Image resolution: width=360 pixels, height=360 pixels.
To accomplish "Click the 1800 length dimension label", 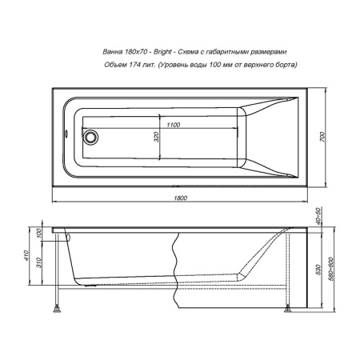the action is (181, 198).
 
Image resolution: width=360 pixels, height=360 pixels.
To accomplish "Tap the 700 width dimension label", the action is (322, 137).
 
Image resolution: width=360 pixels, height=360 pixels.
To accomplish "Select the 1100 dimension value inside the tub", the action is (174, 125).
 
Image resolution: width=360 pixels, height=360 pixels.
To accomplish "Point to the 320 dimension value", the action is (157, 137).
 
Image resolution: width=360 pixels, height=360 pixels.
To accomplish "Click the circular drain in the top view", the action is (90, 137).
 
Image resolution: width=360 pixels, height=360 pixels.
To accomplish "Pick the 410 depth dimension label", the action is (26, 255).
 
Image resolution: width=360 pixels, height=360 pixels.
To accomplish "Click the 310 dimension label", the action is (39, 262).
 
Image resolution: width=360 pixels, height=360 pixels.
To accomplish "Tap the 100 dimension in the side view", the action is (39, 234).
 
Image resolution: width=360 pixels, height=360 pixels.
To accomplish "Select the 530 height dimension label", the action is (318, 270).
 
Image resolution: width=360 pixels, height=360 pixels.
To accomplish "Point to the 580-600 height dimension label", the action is (330, 269).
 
